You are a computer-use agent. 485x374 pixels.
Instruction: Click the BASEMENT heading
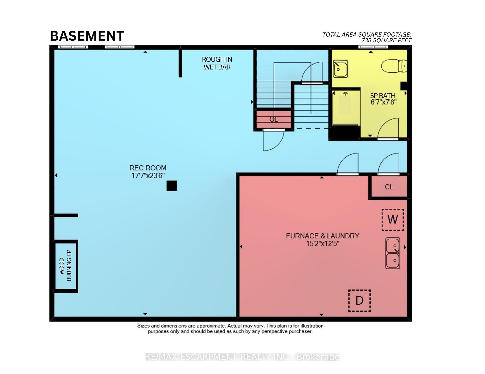(x=87, y=36)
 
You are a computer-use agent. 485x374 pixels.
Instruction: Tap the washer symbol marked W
(x=393, y=219)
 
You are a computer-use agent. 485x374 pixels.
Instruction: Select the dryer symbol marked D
(x=359, y=301)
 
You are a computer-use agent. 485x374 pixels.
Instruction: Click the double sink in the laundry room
(x=393, y=253)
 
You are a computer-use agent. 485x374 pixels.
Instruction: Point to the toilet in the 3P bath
(x=394, y=66)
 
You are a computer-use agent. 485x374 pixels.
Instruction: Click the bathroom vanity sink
(x=341, y=69)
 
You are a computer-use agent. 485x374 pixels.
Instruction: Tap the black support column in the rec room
(x=172, y=186)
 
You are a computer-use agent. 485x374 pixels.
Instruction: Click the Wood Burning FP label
(x=65, y=266)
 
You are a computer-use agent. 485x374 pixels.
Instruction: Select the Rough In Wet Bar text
(x=217, y=63)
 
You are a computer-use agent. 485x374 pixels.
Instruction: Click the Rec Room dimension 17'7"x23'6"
(x=148, y=176)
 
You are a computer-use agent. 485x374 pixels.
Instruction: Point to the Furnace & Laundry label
(x=323, y=236)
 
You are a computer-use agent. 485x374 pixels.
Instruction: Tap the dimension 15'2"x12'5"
(x=323, y=244)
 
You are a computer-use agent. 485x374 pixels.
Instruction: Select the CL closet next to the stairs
(x=274, y=119)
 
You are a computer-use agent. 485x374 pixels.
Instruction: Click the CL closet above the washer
(x=389, y=187)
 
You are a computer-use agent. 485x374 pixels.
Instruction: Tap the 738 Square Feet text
(x=386, y=40)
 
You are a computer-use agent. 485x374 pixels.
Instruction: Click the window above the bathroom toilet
(x=373, y=47)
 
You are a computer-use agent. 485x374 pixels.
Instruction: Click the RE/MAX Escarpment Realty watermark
(x=242, y=357)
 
